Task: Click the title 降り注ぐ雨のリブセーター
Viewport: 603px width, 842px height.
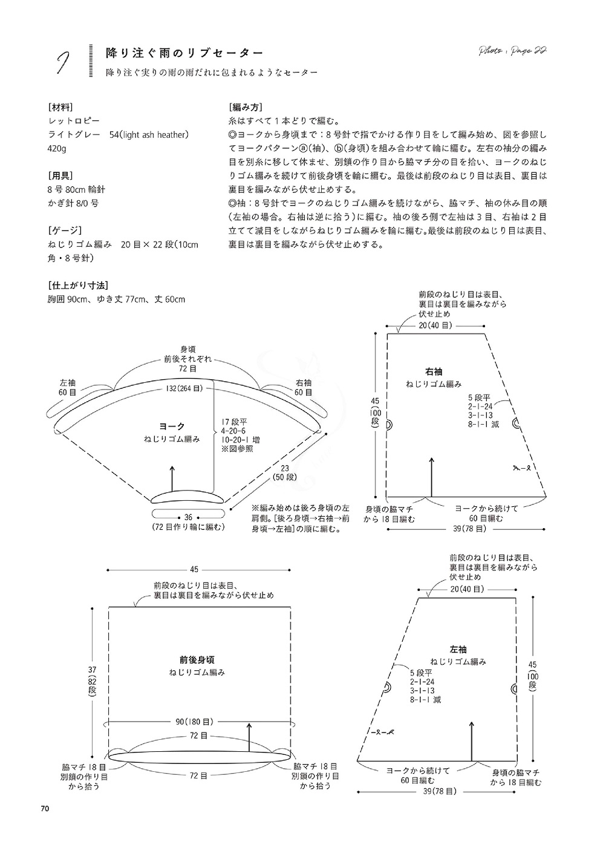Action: click(x=184, y=53)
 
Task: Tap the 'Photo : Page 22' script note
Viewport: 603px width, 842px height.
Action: click(x=512, y=51)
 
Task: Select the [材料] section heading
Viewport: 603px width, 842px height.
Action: click(x=60, y=108)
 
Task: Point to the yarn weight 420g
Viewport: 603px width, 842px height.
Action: click(x=57, y=149)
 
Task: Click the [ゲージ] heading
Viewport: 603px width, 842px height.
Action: click(x=65, y=230)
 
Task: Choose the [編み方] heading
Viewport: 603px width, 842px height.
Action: click(x=246, y=108)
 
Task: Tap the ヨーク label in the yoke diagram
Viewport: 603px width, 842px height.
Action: click(x=172, y=426)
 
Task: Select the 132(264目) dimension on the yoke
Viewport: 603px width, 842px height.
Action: click(x=184, y=388)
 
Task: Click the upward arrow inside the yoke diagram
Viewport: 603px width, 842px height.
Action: click(x=172, y=478)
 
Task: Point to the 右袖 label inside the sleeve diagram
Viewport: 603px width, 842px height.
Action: click(x=434, y=372)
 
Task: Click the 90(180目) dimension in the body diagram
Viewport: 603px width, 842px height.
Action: click(x=195, y=722)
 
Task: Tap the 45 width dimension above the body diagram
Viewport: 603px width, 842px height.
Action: click(x=194, y=569)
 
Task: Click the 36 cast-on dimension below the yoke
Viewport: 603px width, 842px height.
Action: click(x=188, y=518)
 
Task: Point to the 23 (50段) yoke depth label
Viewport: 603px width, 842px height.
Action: click(x=285, y=472)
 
